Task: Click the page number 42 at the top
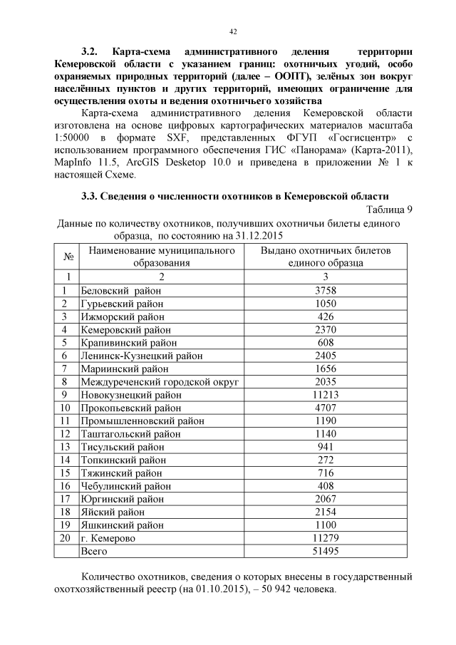pyautogui.click(x=233, y=31)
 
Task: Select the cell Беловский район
pyautogui.click(x=120, y=291)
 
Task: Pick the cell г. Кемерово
pyautogui.click(x=108, y=538)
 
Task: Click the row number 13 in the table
pyautogui.click(x=66, y=447)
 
